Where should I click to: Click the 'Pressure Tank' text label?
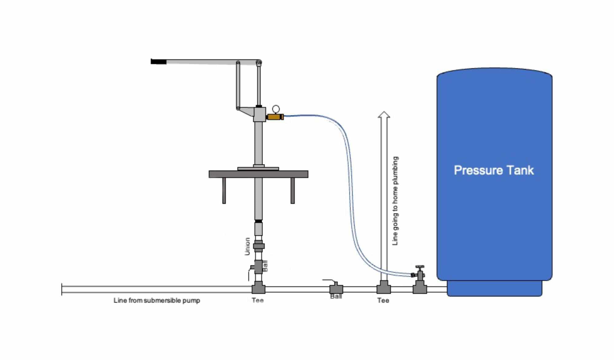tap(494, 170)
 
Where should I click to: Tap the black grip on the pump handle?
tap(158, 62)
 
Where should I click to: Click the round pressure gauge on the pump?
tap(276, 109)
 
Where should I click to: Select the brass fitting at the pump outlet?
tap(274, 117)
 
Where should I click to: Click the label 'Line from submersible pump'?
tap(157, 300)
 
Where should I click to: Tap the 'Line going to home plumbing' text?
tap(395, 201)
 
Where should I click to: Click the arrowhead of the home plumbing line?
tap(384, 115)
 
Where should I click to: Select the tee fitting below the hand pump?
tap(258, 289)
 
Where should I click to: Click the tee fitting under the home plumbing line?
tap(384, 288)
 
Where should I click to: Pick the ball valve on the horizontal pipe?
tap(336, 289)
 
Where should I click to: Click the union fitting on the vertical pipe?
tap(259, 246)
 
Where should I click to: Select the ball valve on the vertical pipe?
tap(258, 267)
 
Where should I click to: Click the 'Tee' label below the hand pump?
tap(258, 300)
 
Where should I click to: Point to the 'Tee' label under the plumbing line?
tap(383, 300)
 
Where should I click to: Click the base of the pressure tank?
tap(494, 288)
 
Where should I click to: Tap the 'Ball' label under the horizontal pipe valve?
tap(336, 296)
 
